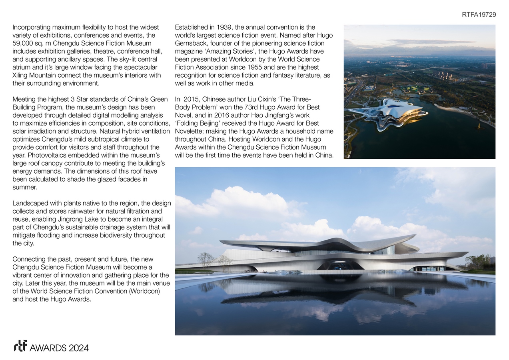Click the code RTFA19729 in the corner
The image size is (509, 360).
[479, 15]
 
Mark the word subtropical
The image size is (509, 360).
[104, 139]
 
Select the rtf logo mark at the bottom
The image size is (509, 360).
[20, 346]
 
